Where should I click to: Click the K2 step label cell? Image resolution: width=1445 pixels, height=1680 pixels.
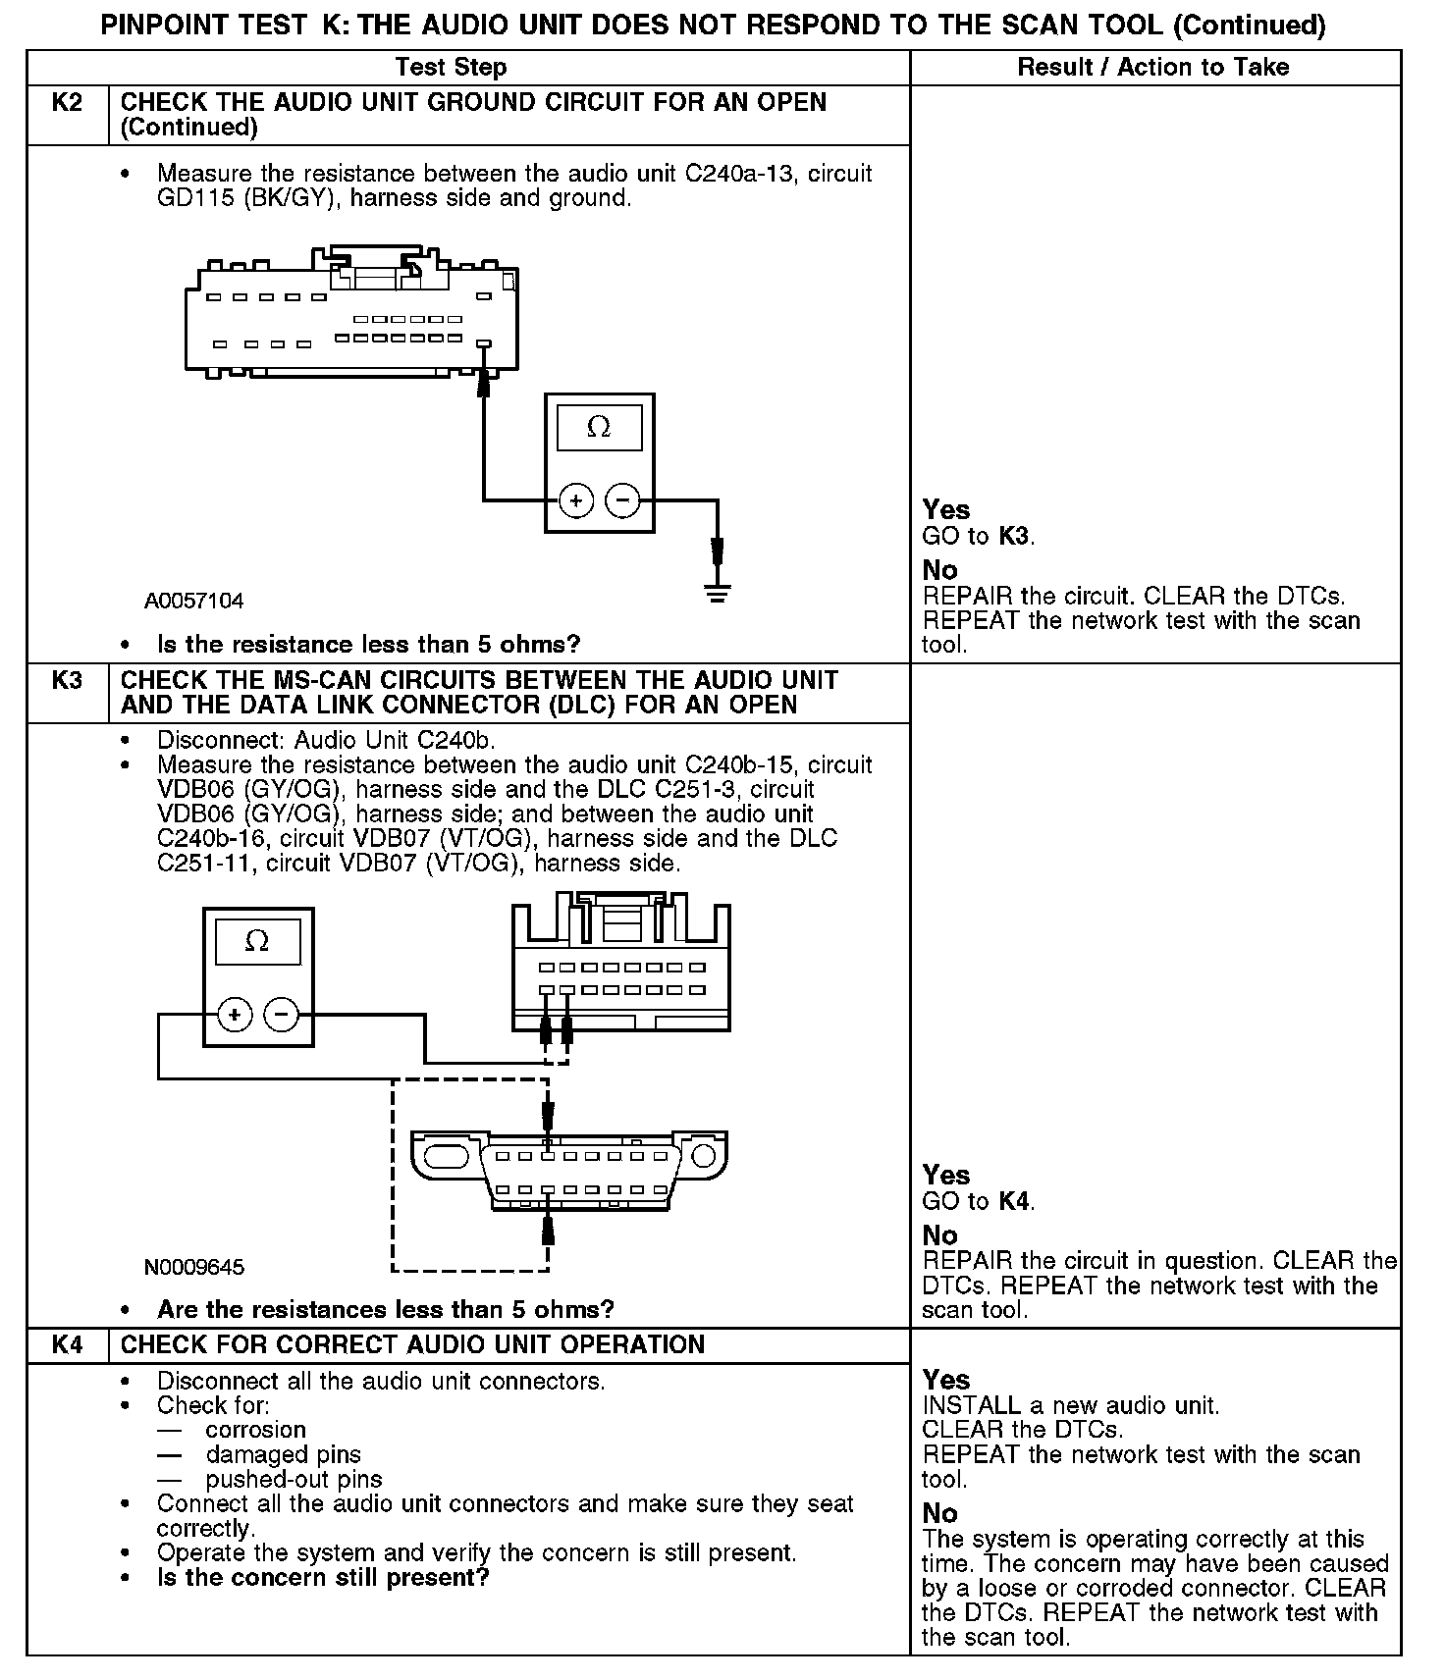(x=67, y=103)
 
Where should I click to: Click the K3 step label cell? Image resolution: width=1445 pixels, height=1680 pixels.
(x=67, y=681)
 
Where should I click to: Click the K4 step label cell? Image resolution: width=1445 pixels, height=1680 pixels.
(x=67, y=1345)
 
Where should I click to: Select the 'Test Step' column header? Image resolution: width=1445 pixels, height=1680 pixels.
(x=451, y=68)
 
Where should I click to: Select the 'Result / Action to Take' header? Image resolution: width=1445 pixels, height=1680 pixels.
(x=1153, y=68)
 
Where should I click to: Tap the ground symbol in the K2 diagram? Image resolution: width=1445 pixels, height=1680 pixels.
(x=718, y=592)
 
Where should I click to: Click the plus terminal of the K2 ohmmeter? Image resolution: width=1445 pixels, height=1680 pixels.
(x=575, y=501)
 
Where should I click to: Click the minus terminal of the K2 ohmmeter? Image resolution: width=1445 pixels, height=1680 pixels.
(x=622, y=501)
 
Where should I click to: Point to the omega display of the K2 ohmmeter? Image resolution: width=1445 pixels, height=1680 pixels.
(x=599, y=428)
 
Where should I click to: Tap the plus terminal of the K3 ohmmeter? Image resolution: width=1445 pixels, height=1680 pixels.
(x=235, y=1014)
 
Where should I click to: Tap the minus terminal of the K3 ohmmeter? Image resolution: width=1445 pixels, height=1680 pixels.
(x=283, y=1014)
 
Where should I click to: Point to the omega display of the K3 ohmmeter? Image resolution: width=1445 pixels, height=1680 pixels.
(x=257, y=942)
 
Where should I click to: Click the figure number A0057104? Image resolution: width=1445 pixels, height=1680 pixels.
(x=194, y=601)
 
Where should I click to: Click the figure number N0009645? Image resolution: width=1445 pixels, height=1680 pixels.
(x=194, y=1267)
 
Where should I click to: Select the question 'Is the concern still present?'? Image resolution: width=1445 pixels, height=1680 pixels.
(x=323, y=1578)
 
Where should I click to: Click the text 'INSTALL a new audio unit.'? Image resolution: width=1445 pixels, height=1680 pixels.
(x=1070, y=1406)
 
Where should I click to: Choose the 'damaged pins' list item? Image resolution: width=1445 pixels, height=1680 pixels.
(x=283, y=1455)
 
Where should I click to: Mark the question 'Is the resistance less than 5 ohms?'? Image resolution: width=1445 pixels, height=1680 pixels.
(x=368, y=645)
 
